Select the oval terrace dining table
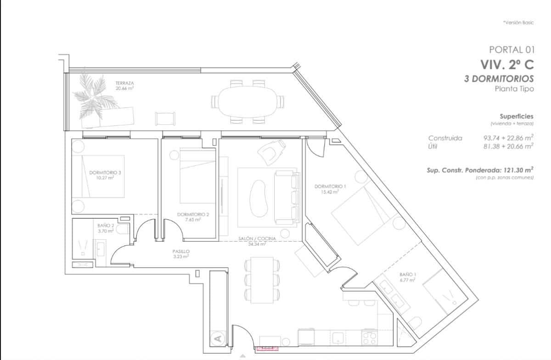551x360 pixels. [x=247, y=102]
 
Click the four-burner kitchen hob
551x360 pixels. [x=369, y=339]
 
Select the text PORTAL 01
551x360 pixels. [x=512, y=50]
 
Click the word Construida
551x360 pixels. [x=445, y=138]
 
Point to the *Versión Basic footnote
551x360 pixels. [x=518, y=22]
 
